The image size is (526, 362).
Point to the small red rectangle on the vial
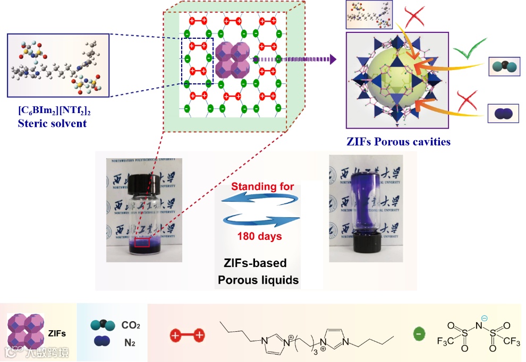142,243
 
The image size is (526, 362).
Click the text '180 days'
259,236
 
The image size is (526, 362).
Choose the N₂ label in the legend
130,343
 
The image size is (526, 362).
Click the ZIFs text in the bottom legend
57,334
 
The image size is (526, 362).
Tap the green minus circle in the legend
419,334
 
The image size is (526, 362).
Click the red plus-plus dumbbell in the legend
186,335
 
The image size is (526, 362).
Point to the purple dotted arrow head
333,59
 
